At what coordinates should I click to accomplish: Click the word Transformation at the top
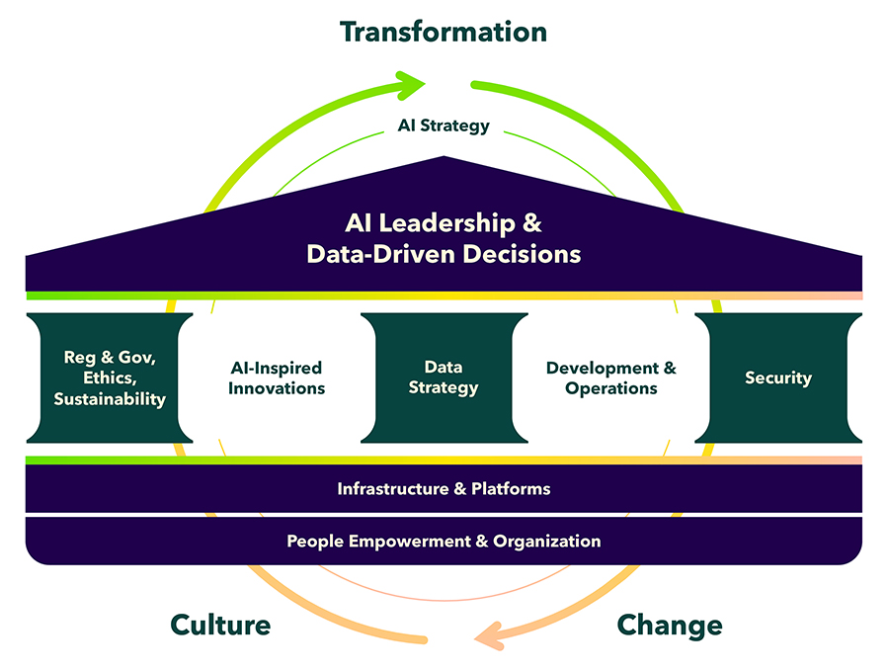(x=444, y=32)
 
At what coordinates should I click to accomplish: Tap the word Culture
(x=220, y=625)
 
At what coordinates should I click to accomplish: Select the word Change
(x=669, y=625)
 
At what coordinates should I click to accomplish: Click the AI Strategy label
(x=444, y=126)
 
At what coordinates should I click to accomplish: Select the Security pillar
(x=778, y=378)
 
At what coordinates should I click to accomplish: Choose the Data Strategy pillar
(x=444, y=378)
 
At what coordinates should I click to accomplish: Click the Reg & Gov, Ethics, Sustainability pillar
(x=109, y=378)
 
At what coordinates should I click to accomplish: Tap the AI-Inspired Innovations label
(x=276, y=378)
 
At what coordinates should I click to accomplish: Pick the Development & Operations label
(x=611, y=378)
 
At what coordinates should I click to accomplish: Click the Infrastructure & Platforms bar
(x=444, y=488)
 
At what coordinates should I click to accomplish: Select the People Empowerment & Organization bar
(x=444, y=541)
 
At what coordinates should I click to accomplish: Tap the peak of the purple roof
(x=444, y=158)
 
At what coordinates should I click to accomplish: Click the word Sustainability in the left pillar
(x=110, y=399)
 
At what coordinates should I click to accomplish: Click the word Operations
(x=611, y=388)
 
